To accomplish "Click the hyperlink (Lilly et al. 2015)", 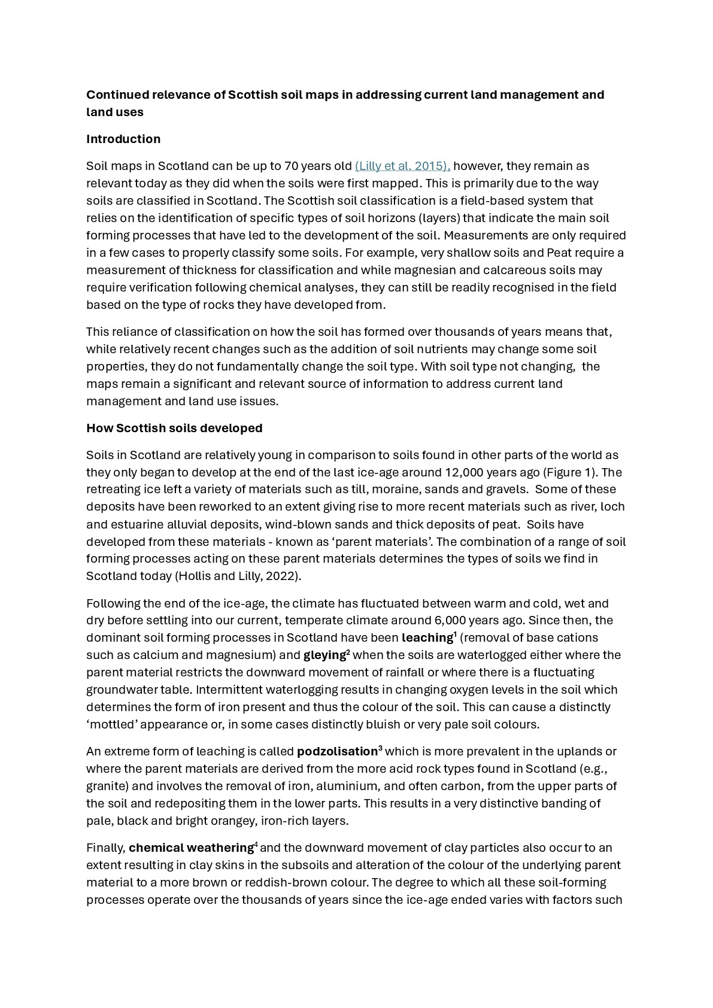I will (402, 166).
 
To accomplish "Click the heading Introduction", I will (123, 139).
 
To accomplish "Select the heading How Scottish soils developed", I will (174, 428).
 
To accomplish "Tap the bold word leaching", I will (427, 637).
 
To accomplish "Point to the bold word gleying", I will (324, 655).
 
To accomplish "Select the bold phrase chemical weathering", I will (191, 848).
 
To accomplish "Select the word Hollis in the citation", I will (195, 576).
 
